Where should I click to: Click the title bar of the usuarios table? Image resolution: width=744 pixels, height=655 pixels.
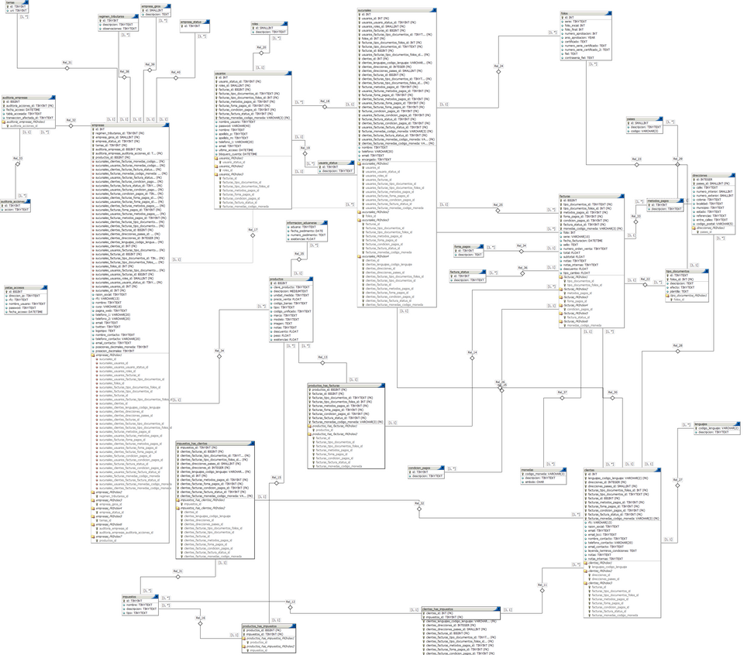[x=251, y=74]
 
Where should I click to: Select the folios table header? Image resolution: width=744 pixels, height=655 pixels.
[x=585, y=13]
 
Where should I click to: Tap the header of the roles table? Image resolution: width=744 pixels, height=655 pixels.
[x=268, y=24]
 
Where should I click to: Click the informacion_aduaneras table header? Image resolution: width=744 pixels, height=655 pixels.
[x=305, y=223]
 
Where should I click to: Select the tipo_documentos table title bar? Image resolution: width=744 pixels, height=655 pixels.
[x=686, y=271]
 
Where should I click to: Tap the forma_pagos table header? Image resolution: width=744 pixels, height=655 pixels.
[x=467, y=247]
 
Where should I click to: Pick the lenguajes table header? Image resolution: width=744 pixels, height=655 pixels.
[x=716, y=424]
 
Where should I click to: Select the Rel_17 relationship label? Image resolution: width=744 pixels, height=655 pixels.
[x=253, y=230]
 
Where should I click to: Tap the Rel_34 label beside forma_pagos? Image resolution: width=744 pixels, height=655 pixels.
[x=522, y=246]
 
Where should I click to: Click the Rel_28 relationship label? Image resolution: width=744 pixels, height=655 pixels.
[x=677, y=346]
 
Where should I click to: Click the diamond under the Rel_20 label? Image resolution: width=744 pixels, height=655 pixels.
[x=262, y=53]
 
